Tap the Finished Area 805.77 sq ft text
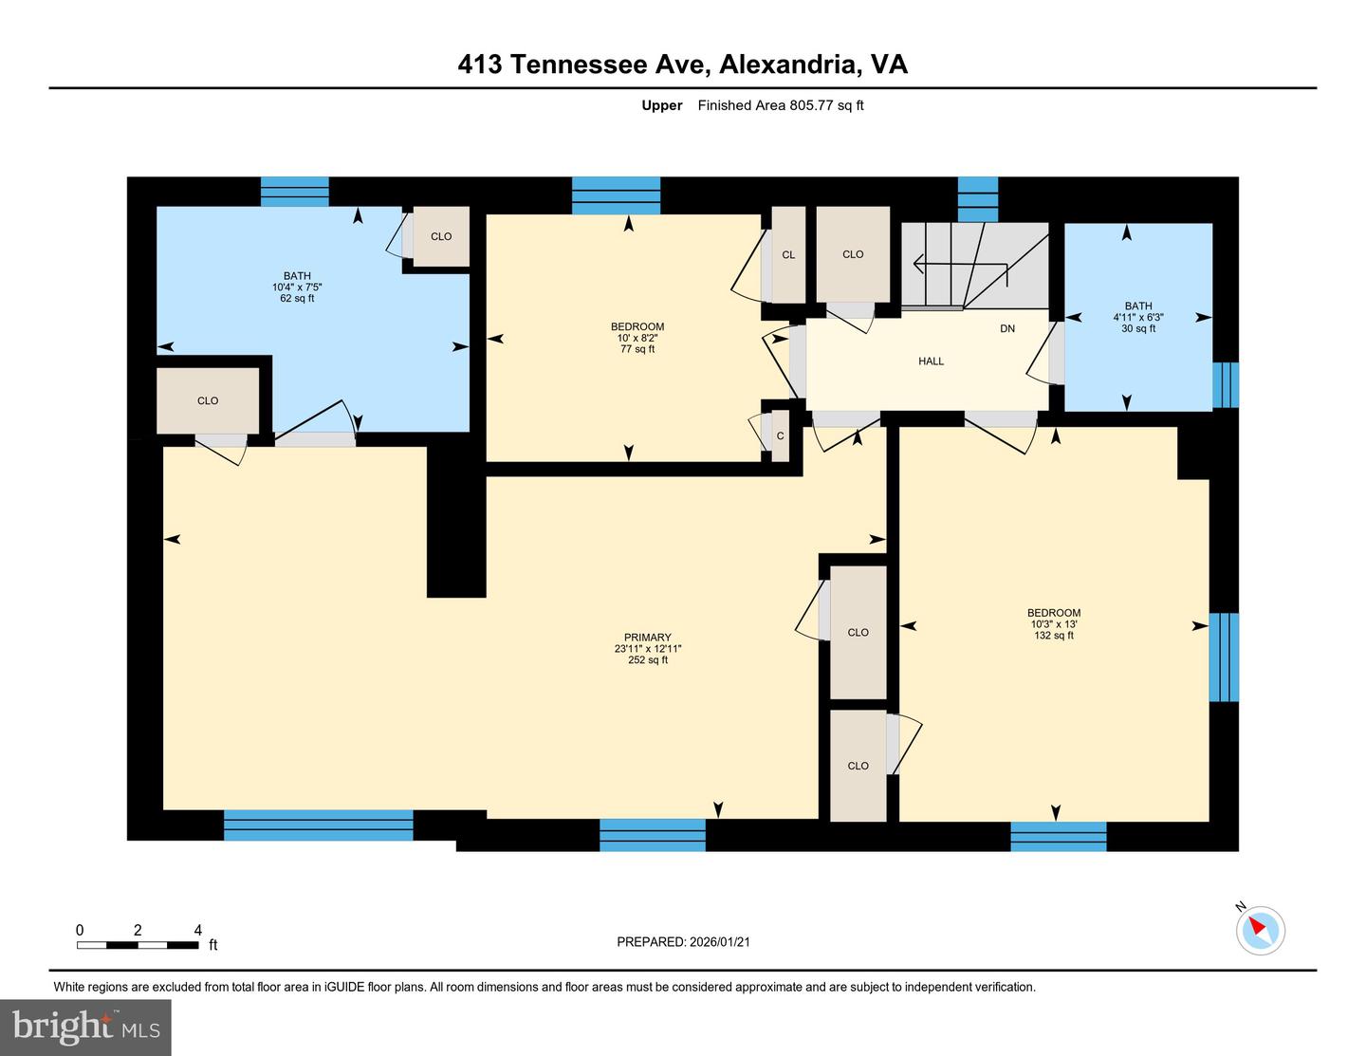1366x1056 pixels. pyautogui.click(x=780, y=105)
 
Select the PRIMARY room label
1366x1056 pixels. pyautogui.click(x=648, y=638)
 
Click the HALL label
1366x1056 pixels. pyautogui.click(x=931, y=361)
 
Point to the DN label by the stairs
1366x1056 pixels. pyautogui.click(x=1007, y=329)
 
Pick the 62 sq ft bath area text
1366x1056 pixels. pyautogui.click(x=297, y=299)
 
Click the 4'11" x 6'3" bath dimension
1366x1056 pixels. pyautogui.click(x=1138, y=318)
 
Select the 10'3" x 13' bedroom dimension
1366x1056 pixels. pyautogui.click(x=1054, y=624)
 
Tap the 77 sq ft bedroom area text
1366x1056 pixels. pyautogui.click(x=637, y=349)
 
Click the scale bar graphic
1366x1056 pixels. pyautogui.click(x=138, y=945)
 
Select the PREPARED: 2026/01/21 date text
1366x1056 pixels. pyautogui.click(x=683, y=942)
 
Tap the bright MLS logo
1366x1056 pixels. pyautogui.click(x=86, y=1028)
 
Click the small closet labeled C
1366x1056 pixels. pyautogui.click(x=780, y=435)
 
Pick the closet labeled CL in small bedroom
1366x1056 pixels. pyautogui.click(x=788, y=255)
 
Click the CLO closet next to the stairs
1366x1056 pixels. pyautogui.click(x=853, y=254)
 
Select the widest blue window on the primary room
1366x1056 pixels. pyautogui.click(x=318, y=825)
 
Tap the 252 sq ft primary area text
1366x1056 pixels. pyautogui.click(x=648, y=660)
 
